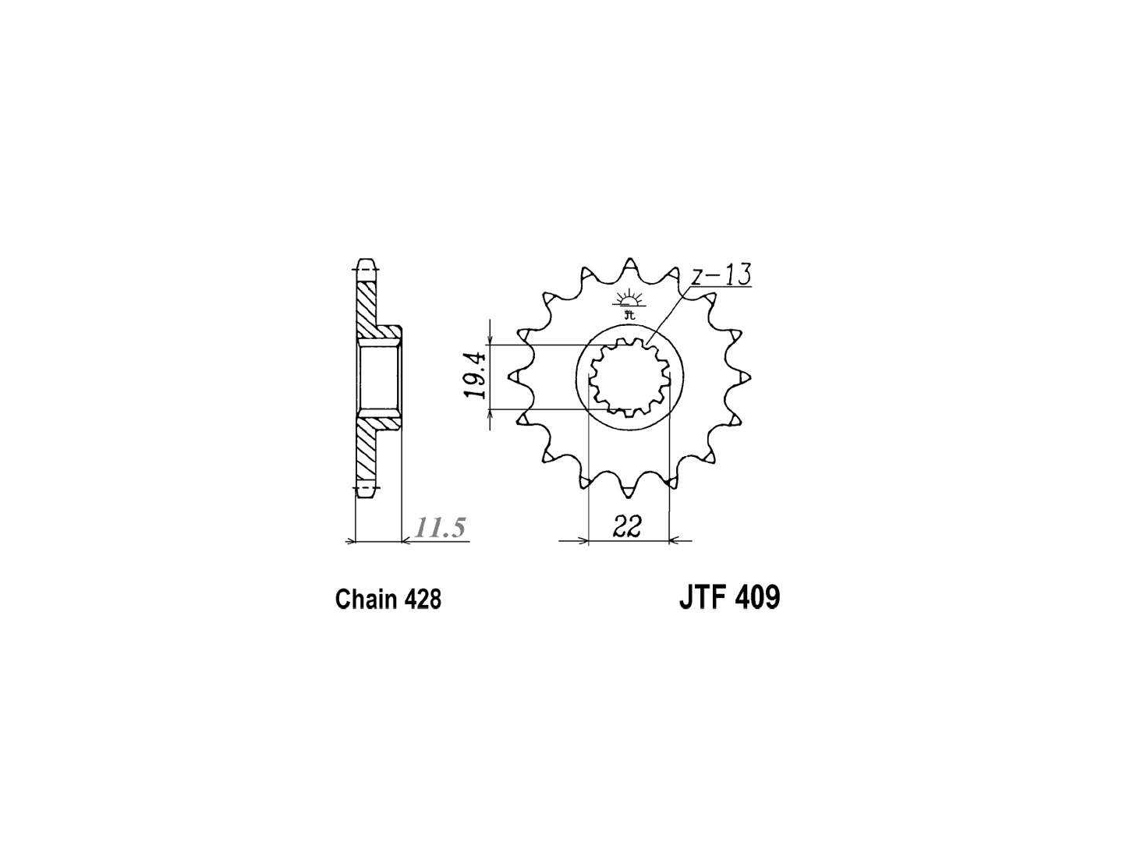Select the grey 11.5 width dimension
(440, 528)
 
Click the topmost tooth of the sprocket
(630, 266)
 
